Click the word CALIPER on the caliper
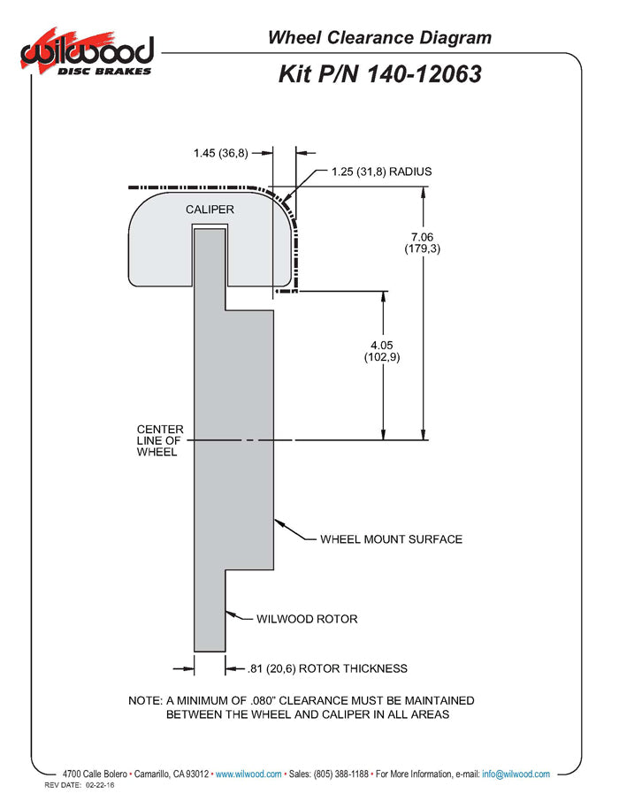coord(210,210)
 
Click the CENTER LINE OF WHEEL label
coord(160,440)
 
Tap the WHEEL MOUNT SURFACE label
coord(391,538)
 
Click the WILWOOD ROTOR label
coord(307,619)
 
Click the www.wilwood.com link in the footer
coord(248,774)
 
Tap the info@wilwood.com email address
coord(516,774)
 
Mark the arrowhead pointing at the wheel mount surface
coord(278,522)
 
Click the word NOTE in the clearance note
coord(145,700)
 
